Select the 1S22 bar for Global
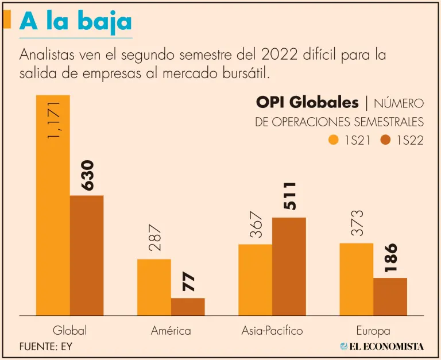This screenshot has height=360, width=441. coord(87,256)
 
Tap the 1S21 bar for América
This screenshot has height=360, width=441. coord(154,287)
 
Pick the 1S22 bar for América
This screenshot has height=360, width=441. coord(188,307)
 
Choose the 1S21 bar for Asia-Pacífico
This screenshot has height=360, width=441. coord(255,280)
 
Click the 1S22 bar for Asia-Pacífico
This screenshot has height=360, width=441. coord(289,266)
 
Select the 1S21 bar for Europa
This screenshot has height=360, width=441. coord(356,279)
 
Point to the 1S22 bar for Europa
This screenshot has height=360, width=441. coord(390,296)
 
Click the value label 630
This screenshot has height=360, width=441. coord(87,175)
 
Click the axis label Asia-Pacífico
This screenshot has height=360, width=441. coord(272,331)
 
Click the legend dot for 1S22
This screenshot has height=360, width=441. coord(384,140)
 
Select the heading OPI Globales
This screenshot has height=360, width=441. coord(307,103)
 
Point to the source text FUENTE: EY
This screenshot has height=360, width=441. coord(46,347)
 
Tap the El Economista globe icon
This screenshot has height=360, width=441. coord(343,346)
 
